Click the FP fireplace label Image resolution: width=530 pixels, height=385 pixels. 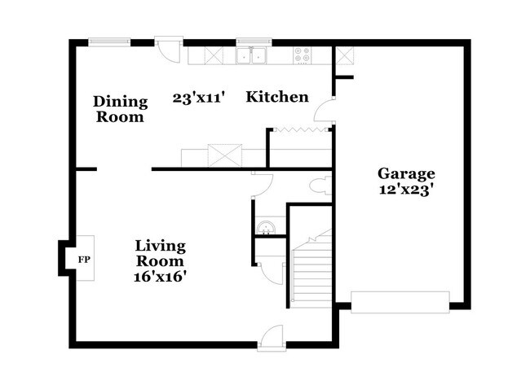click(x=84, y=260)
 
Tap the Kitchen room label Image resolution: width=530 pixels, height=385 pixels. click(x=277, y=97)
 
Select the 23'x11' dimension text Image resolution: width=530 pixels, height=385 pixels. click(x=199, y=98)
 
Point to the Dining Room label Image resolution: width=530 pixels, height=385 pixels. click(x=121, y=109)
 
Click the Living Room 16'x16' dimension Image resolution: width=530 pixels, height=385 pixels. click(x=161, y=277)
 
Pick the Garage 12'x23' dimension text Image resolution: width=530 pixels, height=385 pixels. click(x=406, y=190)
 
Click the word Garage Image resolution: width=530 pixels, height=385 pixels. click(x=406, y=173)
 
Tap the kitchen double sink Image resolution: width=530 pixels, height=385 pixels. click(x=251, y=55)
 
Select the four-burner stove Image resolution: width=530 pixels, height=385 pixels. click(x=303, y=55)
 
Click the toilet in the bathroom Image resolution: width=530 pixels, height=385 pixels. click(x=320, y=186)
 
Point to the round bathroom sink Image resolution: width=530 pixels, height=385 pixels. click(x=265, y=228)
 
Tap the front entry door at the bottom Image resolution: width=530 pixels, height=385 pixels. click(x=272, y=339)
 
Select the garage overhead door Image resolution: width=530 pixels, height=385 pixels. click(x=400, y=302)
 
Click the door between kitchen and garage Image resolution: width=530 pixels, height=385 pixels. click(x=325, y=110)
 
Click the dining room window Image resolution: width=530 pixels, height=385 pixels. click(x=109, y=42)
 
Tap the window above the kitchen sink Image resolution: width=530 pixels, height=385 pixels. click(x=254, y=42)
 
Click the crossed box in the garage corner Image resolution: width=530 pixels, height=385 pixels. click(x=345, y=55)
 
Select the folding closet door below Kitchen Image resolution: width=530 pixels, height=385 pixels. click(x=301, y=130)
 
